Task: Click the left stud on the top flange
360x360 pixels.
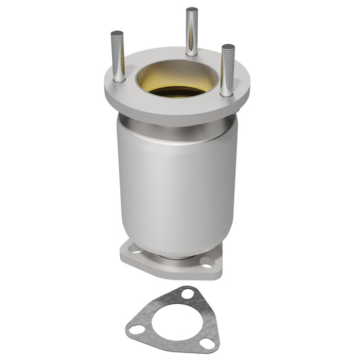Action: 118,57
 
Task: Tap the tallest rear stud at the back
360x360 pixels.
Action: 192,31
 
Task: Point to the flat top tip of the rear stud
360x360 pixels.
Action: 192,10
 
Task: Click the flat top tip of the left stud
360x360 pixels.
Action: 118,33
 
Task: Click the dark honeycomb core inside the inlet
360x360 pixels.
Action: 177,91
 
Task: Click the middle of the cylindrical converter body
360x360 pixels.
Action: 177,182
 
